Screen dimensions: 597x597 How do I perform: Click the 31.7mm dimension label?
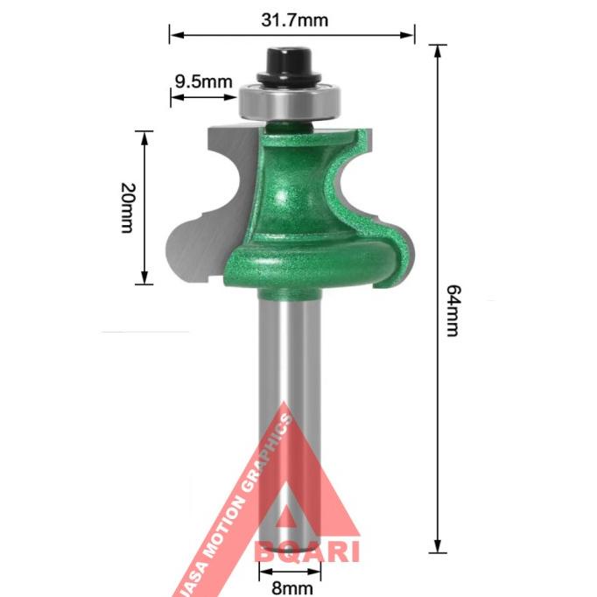point(293,19)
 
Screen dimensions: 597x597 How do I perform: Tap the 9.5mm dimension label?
point(203,81)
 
